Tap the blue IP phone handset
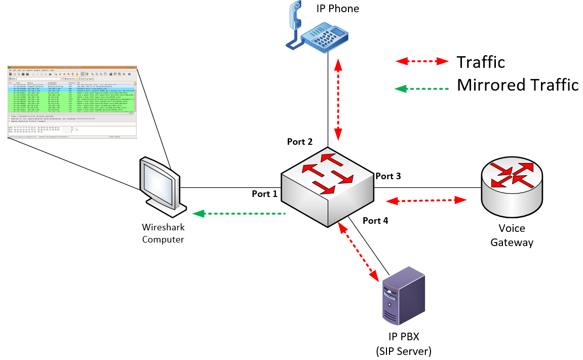pos(294,25)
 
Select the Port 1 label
pos(264,194)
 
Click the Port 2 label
pos(299,142)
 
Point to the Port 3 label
pos(388,176)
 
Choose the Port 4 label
pos(375,221)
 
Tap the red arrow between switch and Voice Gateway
pos(426,201)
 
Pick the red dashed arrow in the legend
pos(422,61)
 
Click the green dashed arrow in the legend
pos(422,89)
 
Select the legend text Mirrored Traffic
pos(517,85)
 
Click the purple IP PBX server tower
pos(403,299)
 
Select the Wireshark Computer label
pos(163,233)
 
